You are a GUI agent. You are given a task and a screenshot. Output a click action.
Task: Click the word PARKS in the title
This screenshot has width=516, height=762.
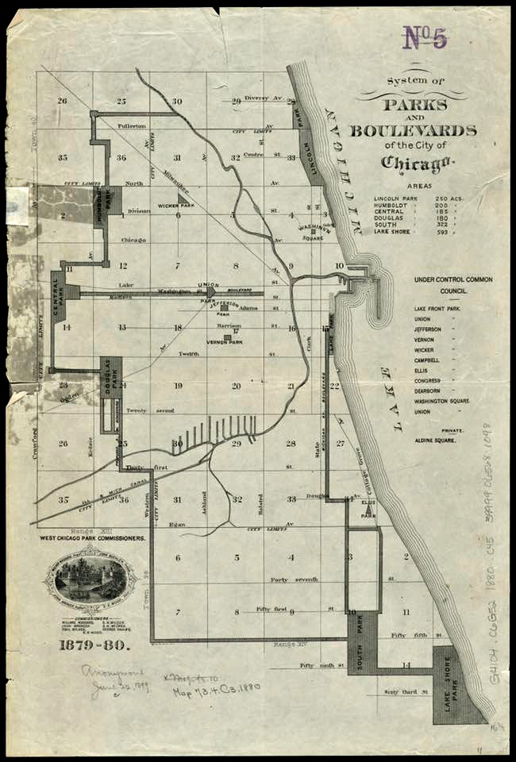(416, 105)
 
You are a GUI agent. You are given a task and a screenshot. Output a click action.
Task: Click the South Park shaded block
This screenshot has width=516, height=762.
(361, 643)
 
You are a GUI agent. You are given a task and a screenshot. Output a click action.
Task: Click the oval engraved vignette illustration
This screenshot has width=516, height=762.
(90, 578)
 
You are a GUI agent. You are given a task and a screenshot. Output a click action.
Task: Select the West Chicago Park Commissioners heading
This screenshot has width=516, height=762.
(93, 538)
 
